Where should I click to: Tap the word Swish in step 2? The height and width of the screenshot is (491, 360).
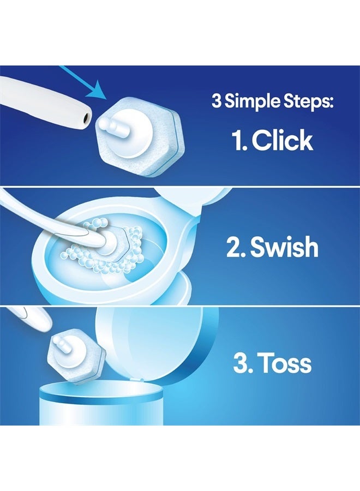[x=284, y=247]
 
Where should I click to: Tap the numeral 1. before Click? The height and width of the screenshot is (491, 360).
[x=238, y=140]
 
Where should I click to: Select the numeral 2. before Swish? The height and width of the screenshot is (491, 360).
[x=236, y=247]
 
